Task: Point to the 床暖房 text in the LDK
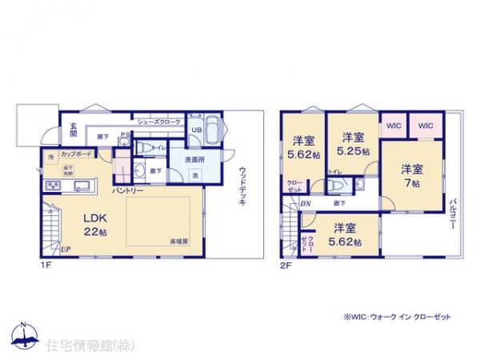pos(178,241)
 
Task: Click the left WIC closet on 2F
pos(394,125)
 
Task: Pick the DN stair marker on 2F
pos(306,204)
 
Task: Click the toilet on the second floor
pos(339,185)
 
